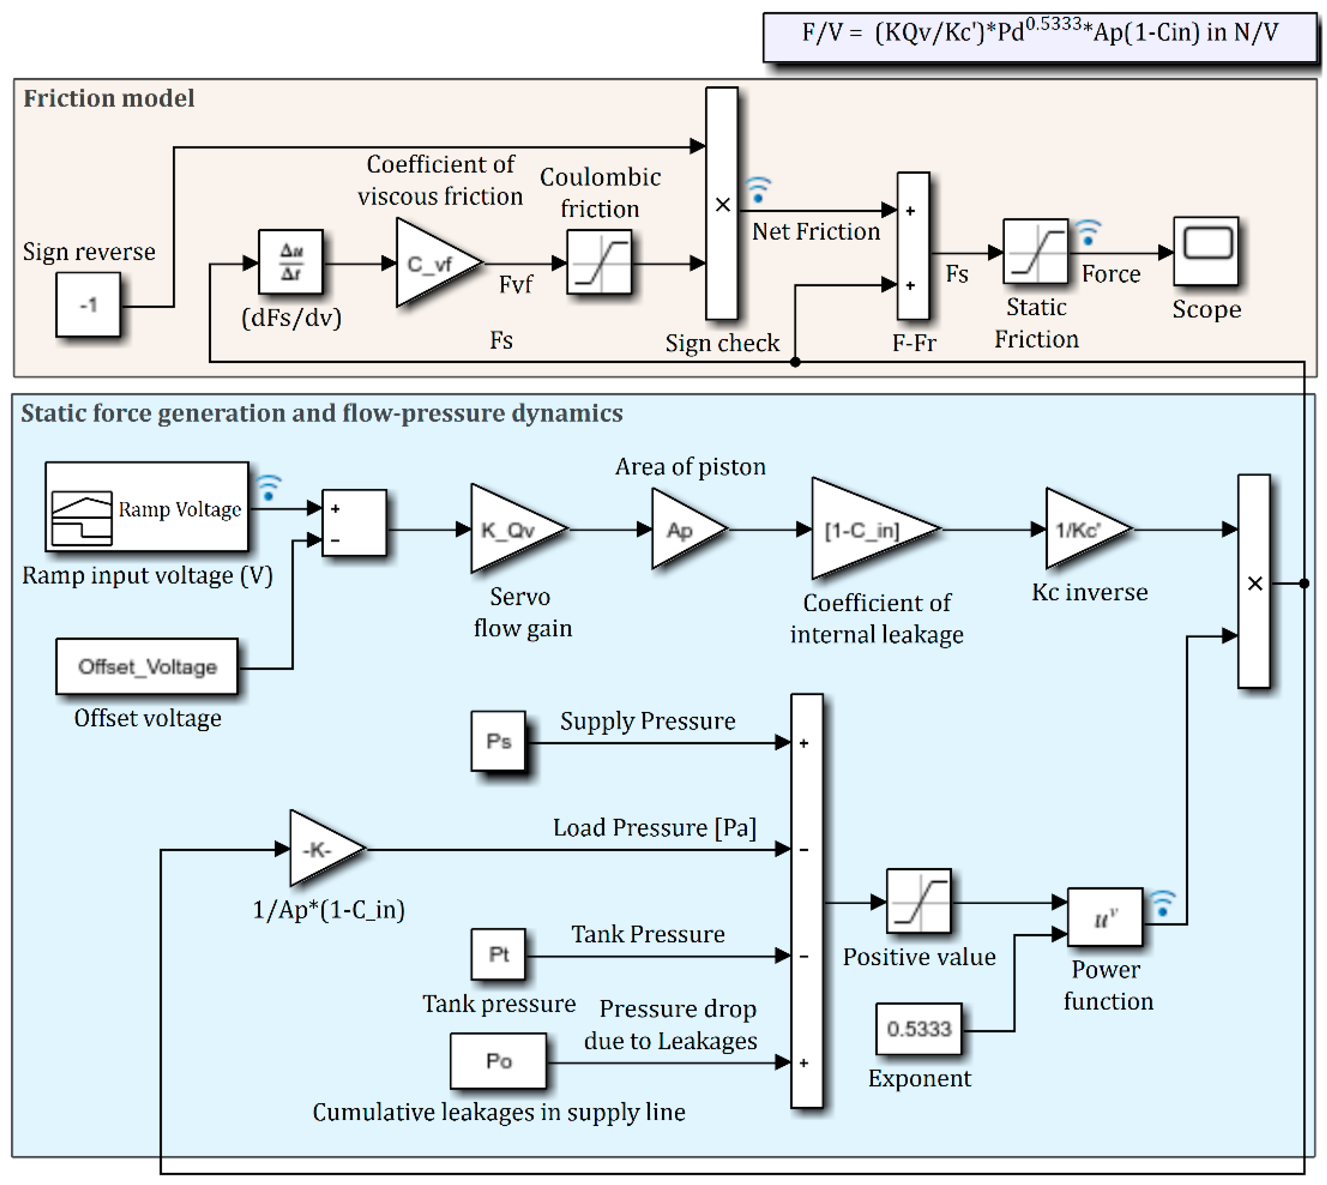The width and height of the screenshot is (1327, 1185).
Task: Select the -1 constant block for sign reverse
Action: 88,304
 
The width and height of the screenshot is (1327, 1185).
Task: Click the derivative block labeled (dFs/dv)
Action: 290,262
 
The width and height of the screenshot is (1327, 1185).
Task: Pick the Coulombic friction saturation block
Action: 599,262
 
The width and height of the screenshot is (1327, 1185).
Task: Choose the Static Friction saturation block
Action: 1035,252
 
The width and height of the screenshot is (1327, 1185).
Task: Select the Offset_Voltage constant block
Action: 147,667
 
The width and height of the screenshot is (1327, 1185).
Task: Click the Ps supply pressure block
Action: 498,741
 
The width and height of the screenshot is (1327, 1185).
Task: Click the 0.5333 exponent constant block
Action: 918,1029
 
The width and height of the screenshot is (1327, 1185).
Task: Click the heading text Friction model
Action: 109,98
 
